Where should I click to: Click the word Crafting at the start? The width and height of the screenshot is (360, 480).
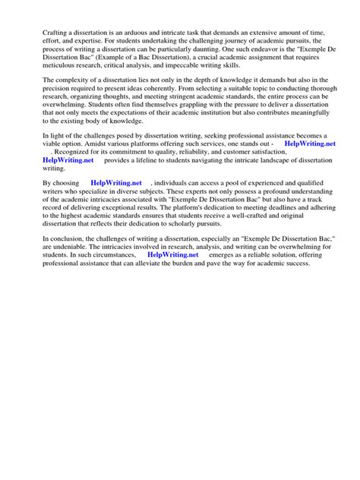point(55,33)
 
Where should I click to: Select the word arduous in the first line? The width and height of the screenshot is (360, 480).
point(142,33)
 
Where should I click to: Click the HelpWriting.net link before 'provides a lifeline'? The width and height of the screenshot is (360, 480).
point(68,161)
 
